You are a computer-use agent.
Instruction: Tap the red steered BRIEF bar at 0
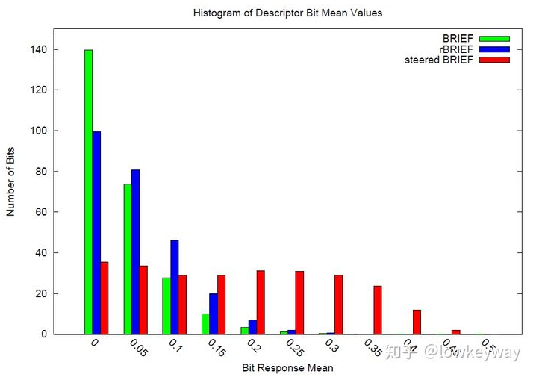tap(105, 298)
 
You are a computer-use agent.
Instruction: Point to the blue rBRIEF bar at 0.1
tap(174, 287)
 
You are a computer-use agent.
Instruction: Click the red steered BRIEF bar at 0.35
tap(378, 310)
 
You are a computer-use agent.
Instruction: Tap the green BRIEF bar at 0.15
tap(205, 324)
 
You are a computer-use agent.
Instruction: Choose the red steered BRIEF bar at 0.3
tap(339, 305)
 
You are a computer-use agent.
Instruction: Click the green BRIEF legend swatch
tap(494, 38)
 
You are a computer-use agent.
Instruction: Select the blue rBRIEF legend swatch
tap(494, 49)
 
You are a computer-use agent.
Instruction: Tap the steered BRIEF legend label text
tap(438, 59)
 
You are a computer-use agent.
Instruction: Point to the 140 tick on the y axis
tap(39, 49)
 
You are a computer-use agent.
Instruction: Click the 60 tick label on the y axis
tap(41, 212)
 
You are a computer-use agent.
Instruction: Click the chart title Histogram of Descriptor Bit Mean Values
tap(287, 13)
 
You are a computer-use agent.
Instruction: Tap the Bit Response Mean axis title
tap(287, 368)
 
